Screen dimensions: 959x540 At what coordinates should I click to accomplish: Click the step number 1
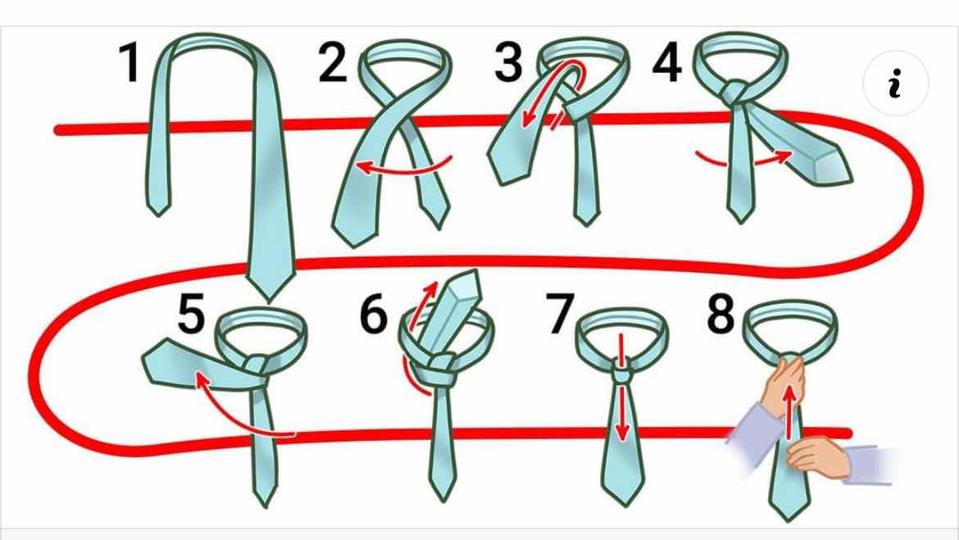click(130, 62)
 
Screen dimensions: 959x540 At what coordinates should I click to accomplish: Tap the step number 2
click(332, 62)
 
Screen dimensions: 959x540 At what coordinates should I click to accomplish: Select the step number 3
click(508, 62)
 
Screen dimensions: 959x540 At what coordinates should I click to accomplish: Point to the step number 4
click(666, 62)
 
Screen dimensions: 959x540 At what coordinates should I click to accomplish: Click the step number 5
click(191, 314)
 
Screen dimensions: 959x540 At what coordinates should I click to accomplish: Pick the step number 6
click(373, 314)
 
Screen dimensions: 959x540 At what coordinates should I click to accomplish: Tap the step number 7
click(561, 314)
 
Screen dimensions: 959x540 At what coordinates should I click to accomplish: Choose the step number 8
click(720, 314)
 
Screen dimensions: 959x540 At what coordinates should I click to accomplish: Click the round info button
click(895, 83)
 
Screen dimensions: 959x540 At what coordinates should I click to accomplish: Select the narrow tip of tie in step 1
click(158, 215)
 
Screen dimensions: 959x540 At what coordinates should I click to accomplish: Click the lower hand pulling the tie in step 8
click(816, 456)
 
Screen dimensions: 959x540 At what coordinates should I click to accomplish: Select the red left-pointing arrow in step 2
click(403, 167)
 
